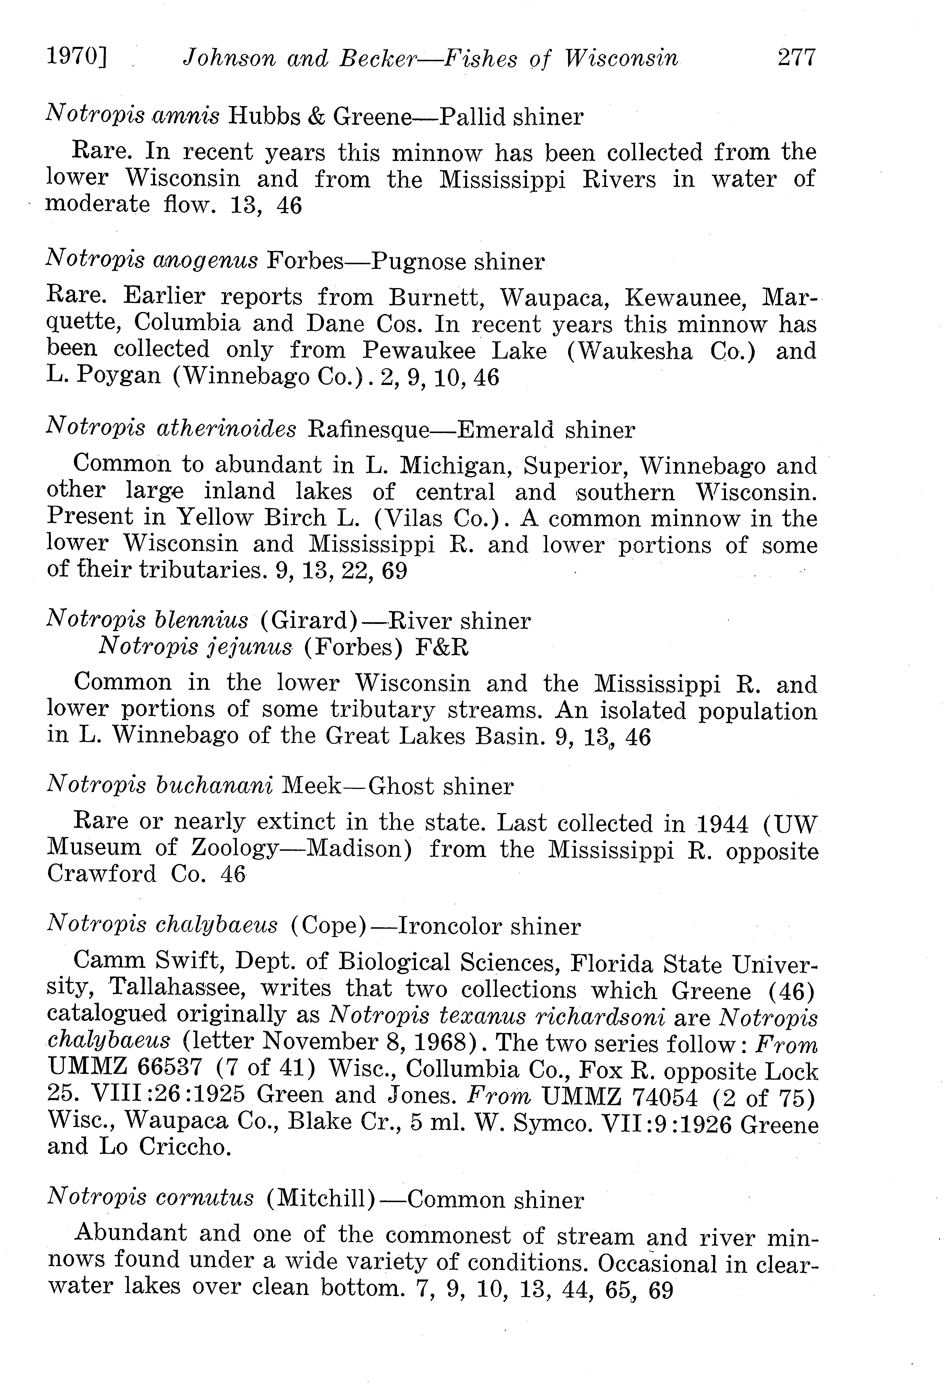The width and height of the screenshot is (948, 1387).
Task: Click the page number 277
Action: coord(796,58)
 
